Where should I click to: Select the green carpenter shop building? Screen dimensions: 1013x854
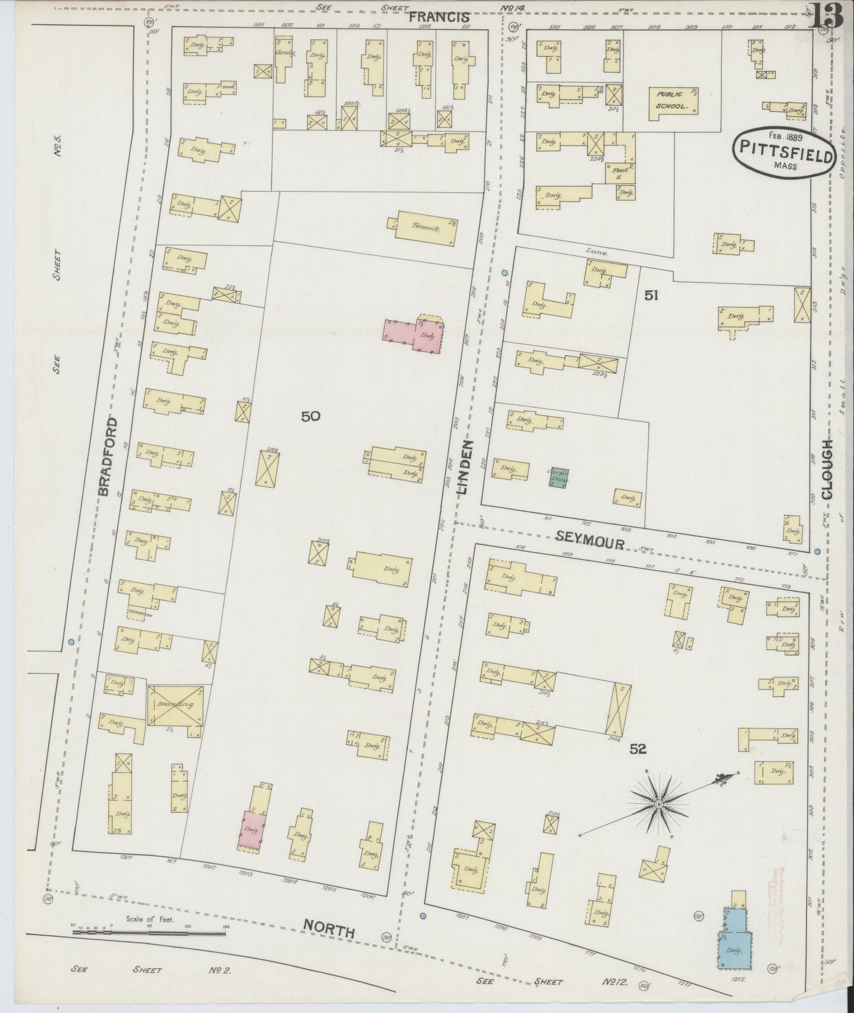[558, 477]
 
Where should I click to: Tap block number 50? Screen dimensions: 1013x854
[311, 416]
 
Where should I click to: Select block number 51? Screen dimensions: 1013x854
[651, 296]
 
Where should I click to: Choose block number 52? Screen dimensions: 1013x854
[638, 749]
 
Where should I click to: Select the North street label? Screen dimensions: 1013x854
[329, 929]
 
